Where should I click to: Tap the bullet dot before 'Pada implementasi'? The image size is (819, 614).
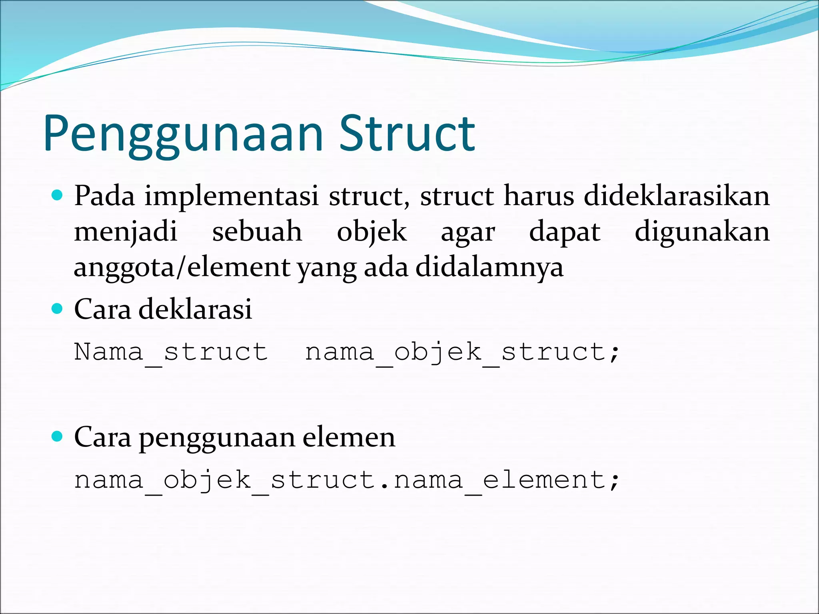(58, 195)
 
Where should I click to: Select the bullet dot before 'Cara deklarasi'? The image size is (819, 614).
(58, 309)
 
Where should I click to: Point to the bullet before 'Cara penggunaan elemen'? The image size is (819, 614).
(58, 437)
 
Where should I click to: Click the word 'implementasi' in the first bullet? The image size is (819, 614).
(232, 196)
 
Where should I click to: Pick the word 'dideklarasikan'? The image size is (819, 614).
(677, 196)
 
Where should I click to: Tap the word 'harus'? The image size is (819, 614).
(539, 196)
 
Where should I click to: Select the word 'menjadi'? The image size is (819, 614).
(126, 232)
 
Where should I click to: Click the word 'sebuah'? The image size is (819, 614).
(257, 232)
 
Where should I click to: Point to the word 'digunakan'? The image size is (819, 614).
(702, 232)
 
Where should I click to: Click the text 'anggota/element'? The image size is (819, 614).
(182, 267)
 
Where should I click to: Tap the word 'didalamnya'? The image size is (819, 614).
(489, 267)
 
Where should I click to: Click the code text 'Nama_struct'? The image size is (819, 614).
(171, 352)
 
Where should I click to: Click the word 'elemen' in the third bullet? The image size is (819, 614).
(349, 437)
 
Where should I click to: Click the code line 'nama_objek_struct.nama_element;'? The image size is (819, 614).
(347, 480)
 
